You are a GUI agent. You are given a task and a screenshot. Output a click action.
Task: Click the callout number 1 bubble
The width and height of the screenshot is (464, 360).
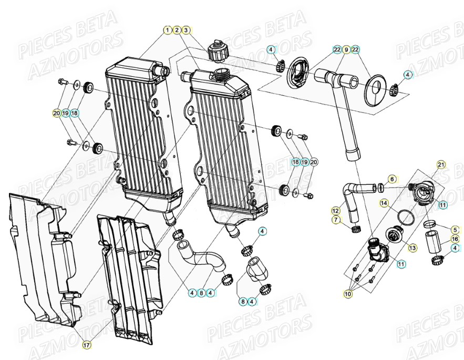coord(167,30)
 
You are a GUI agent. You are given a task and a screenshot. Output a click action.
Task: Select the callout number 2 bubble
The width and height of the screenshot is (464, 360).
coord(177,30)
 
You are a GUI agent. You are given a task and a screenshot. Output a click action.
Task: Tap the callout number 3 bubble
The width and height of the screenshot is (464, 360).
coord(187,30)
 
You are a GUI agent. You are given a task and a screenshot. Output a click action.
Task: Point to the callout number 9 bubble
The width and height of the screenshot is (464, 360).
coord(346,49)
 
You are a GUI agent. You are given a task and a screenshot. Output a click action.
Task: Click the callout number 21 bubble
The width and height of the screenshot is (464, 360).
coord(440,164)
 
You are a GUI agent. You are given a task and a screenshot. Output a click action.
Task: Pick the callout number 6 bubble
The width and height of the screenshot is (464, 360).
coord(392,179)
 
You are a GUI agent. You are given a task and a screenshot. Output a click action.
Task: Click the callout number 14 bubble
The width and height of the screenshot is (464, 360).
coord(384,202)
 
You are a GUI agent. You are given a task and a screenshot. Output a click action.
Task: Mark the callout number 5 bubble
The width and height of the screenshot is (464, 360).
coord(455,229)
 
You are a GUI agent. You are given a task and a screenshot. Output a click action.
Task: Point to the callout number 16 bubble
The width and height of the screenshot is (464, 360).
coord(455,239)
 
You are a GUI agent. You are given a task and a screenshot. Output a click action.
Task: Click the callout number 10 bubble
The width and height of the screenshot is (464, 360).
coord(348,294)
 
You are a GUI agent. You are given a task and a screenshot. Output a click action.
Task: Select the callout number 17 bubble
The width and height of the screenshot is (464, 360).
coord(86,345)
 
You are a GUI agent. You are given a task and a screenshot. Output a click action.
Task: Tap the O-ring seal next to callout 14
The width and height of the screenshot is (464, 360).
coord(405,216)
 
